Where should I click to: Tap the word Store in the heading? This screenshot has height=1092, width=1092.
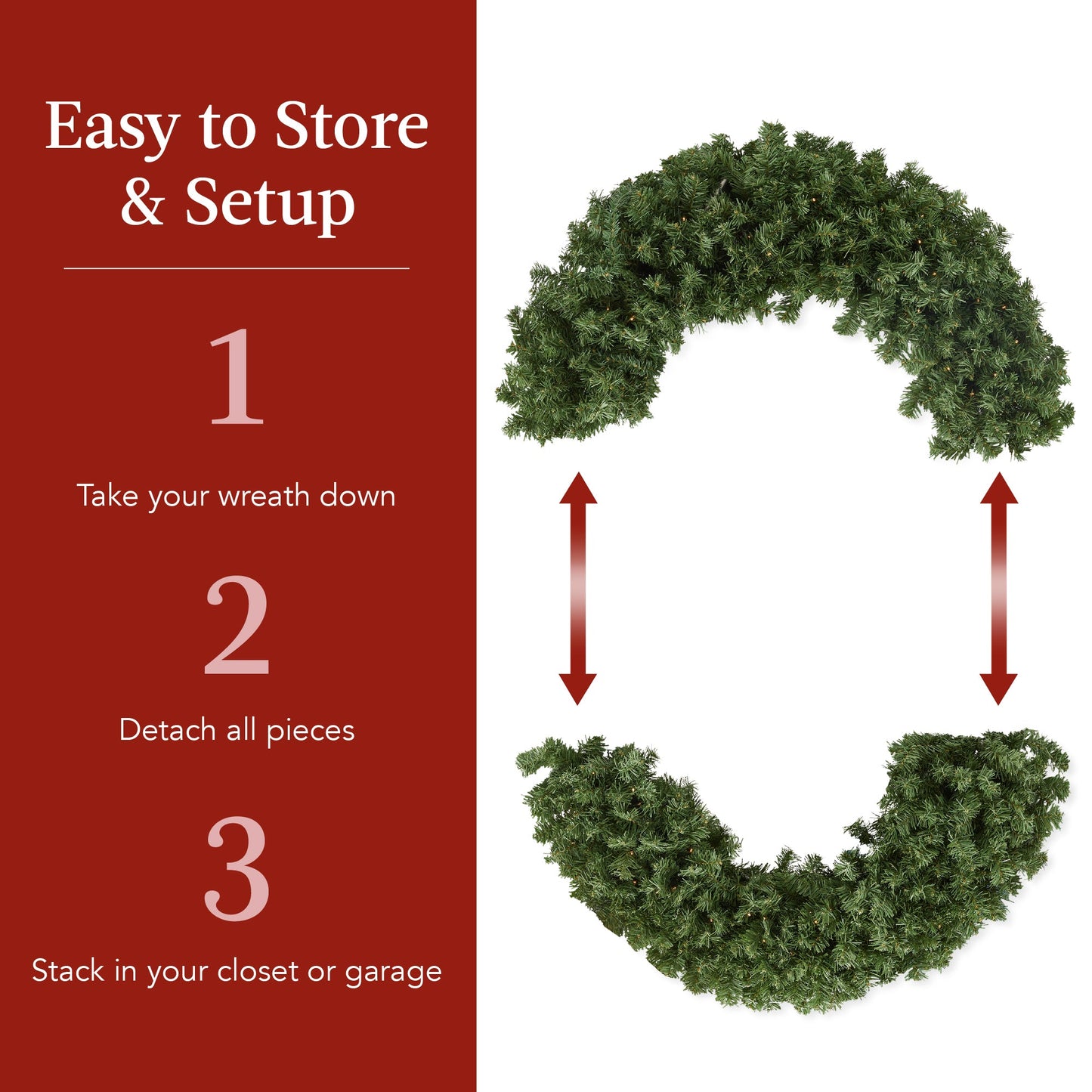click(351, 125)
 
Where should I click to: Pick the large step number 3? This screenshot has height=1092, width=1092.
click(237, 868)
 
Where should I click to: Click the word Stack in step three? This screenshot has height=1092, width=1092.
click(67, 971)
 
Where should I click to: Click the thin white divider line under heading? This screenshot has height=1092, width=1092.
click(237, 268)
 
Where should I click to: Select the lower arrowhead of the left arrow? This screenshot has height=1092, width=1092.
click(578, 688)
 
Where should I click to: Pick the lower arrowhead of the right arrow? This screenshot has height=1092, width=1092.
click(998, 688)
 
